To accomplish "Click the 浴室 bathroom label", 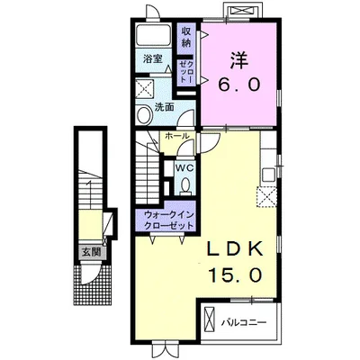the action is pyautogui.click(x=152, y=58).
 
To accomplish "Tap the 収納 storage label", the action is pyautogui.click(x=186, y=37).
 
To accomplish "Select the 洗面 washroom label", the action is pyautogui.click(x=165, y=107).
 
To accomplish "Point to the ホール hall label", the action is pyautogui.click(x=177, y=136).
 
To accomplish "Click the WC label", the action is pyautogui.click(x=185, y=168).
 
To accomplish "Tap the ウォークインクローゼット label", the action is pyautogui.click(x=166, y=220).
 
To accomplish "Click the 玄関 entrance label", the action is pyautogui.click(x=91, y=253).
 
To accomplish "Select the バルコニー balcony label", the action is pyautogui.click(x=244, y=323).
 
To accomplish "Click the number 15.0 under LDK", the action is pyautogui.click(x=235, y=275).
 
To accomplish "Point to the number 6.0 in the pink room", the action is pyautogui.click(x=238, y=85).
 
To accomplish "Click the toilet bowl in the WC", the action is pyautogui.click(x=186, y=185).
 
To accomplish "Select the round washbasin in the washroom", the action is pyautogui.click(x=144, y=114).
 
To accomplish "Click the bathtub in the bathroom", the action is pyautogui.click(x=154, y=34).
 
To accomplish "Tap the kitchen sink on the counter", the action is pyautogui.click(x=268, y=175).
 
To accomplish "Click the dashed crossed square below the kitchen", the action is pyautogui.click(x=266, y=197).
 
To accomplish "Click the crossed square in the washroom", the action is pyautogui.click(x=145, y=88).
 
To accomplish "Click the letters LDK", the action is pyautogui.click(x=236, y=248).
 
